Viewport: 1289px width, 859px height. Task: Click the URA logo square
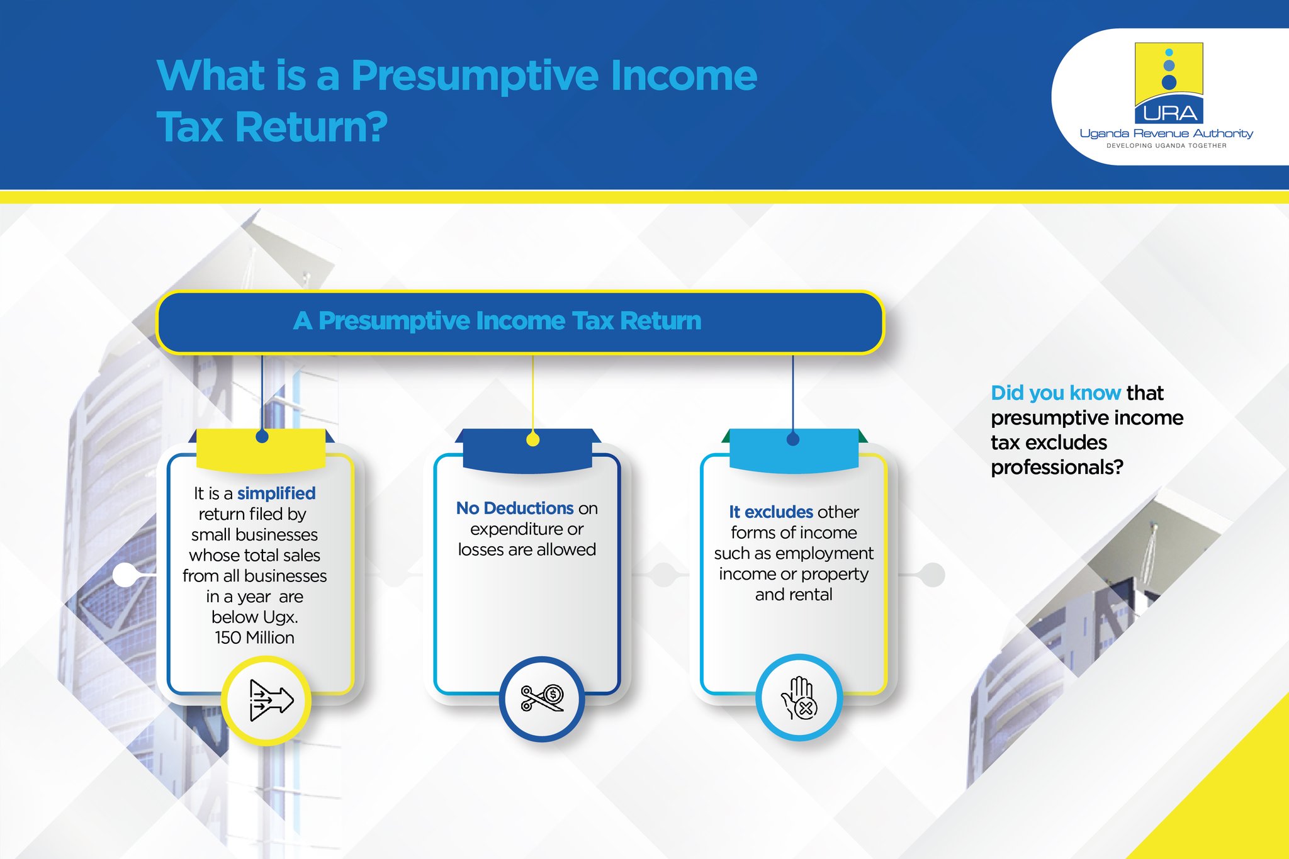pos(1169,82)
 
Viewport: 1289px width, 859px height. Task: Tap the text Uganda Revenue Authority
pos(1166,133)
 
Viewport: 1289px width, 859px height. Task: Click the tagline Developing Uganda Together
pos(1166,145)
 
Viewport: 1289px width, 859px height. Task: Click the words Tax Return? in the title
pos(272,127)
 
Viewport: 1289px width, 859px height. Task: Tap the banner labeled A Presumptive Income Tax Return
pos(520,322)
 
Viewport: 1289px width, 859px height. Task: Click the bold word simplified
pos(276,493)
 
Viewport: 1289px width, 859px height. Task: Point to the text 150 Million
pos(254,637)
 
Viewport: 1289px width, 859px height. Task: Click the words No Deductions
pos(514,508)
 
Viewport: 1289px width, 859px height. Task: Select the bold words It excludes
pos(771,512)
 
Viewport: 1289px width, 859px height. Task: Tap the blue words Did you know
pos(1055,393)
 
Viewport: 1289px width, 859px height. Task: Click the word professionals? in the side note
pos(1057,467)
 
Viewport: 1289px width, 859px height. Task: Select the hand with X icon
pos(799,697)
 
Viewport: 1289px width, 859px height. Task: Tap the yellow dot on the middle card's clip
pos(532,440)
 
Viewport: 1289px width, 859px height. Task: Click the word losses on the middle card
pos(480,549)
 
